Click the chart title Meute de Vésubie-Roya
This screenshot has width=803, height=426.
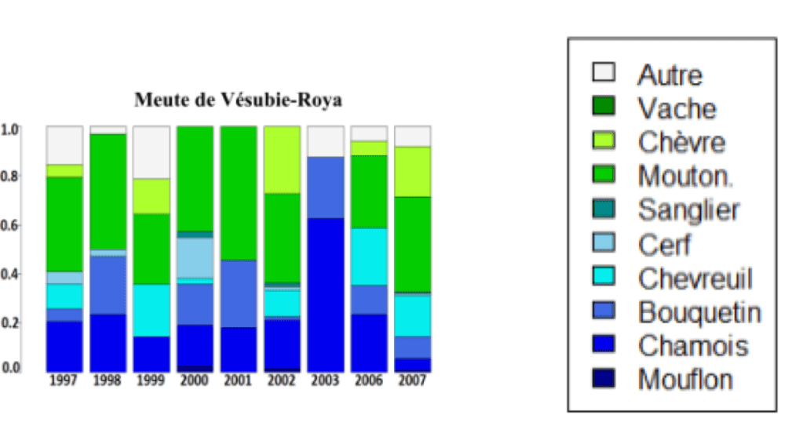(238, 100)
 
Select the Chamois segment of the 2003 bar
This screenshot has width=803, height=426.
(325, 294)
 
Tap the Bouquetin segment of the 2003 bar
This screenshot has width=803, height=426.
(325, 188)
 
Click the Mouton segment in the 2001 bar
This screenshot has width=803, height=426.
(238, 192)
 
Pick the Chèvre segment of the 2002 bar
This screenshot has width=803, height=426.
(282, 159)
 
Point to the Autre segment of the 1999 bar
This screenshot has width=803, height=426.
(151, 152)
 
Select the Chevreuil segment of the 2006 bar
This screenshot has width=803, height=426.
(369, 257)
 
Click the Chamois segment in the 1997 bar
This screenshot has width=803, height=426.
(64, 345)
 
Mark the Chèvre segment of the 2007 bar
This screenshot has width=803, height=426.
(412, 171)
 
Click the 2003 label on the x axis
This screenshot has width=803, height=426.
(325, 380)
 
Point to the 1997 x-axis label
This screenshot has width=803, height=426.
(64, 380)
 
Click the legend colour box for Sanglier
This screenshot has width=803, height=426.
(603, 209)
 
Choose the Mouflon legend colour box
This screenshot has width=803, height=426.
(603, 379)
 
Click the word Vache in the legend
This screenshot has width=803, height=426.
(677, 107)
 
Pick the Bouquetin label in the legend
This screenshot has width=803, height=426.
(699, 312)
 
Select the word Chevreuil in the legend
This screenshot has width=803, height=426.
(695, 278)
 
